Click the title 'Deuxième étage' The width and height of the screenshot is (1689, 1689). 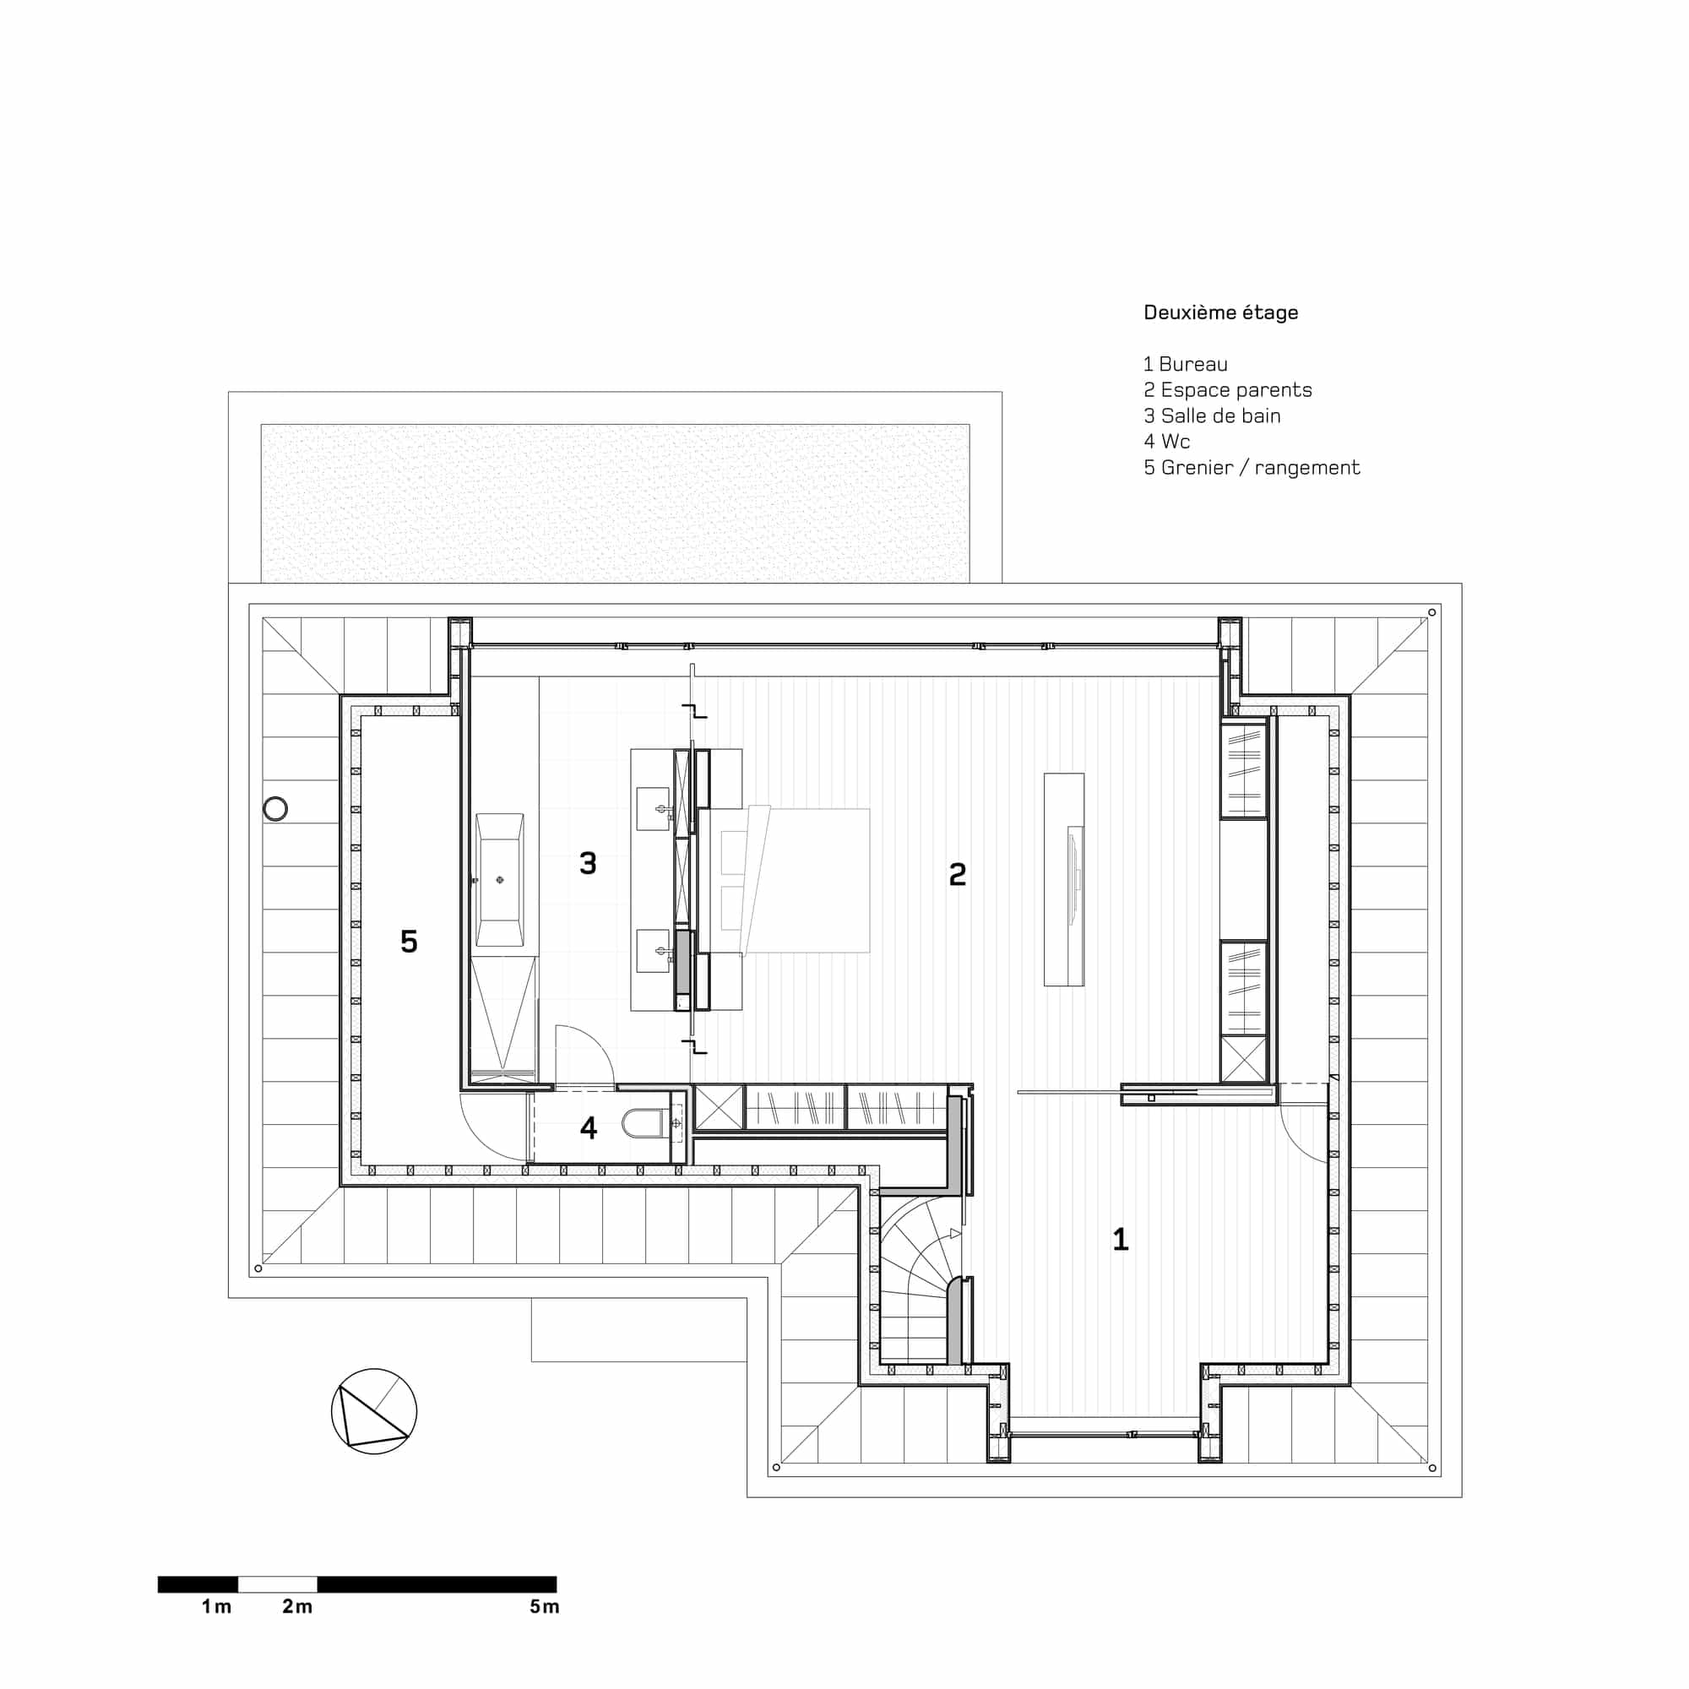[1220, 313]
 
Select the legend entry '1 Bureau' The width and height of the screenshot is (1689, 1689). [1186, 365]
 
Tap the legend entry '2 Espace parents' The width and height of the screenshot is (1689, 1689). [1227, 390]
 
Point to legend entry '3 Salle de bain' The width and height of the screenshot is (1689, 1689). [1212, 416]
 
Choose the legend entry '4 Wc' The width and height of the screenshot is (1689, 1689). [1167, 442]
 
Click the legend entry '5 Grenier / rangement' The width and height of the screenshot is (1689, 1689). [1252, 468]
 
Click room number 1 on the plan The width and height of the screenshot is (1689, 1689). [1120, 1239]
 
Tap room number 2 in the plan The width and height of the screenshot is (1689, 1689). [958, 874]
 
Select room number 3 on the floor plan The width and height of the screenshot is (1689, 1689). [589, 864]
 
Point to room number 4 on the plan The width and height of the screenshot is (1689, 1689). [589, 1128]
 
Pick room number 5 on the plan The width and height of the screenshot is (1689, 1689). [409, 942]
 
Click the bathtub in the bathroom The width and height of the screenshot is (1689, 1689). [500, 879]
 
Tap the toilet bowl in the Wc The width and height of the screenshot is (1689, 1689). [644, 1123]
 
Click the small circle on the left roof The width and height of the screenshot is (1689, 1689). [275, 810]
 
